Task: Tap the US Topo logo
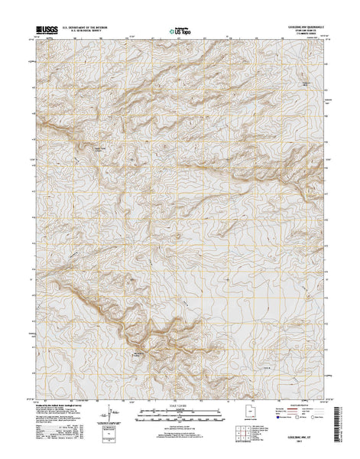click(x=180, y=33)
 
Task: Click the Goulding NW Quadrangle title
click(x=303, y=27)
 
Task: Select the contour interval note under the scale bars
click(x=180, y=425)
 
